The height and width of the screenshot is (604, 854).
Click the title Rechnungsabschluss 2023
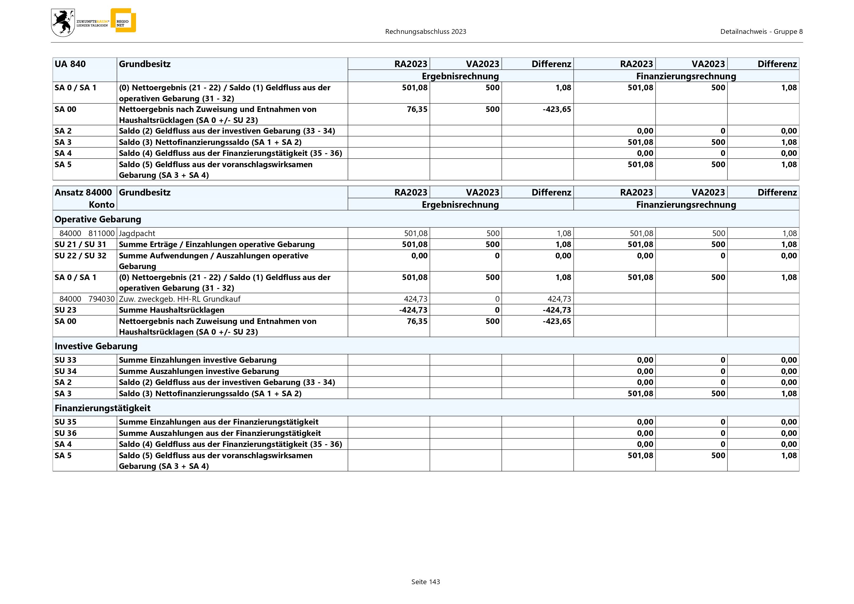pos(425,32)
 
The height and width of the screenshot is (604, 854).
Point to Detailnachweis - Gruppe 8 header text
pos(761,32)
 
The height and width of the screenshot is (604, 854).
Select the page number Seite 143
pos(425,582)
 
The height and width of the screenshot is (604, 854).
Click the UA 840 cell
pos(70,64)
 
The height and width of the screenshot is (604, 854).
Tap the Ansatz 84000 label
pos(83,192)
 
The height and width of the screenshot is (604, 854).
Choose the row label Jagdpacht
pos(137,233)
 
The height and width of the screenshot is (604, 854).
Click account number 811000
pos(102,233)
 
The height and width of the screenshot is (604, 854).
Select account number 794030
pos(102,299)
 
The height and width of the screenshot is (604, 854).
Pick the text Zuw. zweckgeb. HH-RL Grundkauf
pos(180,299)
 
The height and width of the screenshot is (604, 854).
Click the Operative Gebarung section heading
pos(98,219)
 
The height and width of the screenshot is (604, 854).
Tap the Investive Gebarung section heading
pos(96,346)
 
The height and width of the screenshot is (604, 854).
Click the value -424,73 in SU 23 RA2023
pos(413,310)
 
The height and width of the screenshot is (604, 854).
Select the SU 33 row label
pos(66,360)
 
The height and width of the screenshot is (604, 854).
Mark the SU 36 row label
pos(66,433)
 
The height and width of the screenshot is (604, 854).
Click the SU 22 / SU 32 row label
pos(80,256)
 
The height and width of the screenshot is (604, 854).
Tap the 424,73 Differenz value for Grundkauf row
pos(559,299)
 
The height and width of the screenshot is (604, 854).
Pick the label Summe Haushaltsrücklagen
pos(171,310)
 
